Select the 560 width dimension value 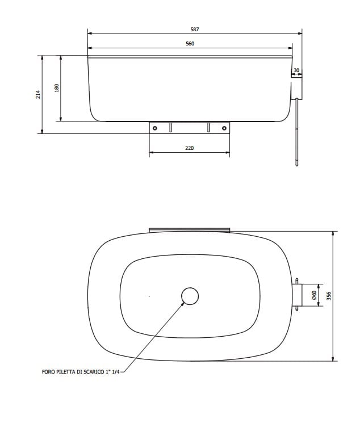click(190, 44)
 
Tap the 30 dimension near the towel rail click(296, 70)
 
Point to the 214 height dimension click(38, 94)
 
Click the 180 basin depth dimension click(57, 88)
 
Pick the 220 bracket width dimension click(190, 148)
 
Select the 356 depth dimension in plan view click(328, 296)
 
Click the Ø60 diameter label click(314, 295)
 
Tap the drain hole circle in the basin click(190, 296)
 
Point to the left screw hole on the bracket click(154, 128)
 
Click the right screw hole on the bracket click(224, 128)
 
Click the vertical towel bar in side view click(296, 131)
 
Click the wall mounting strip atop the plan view click(190, 230)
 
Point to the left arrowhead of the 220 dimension click(151, 153)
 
